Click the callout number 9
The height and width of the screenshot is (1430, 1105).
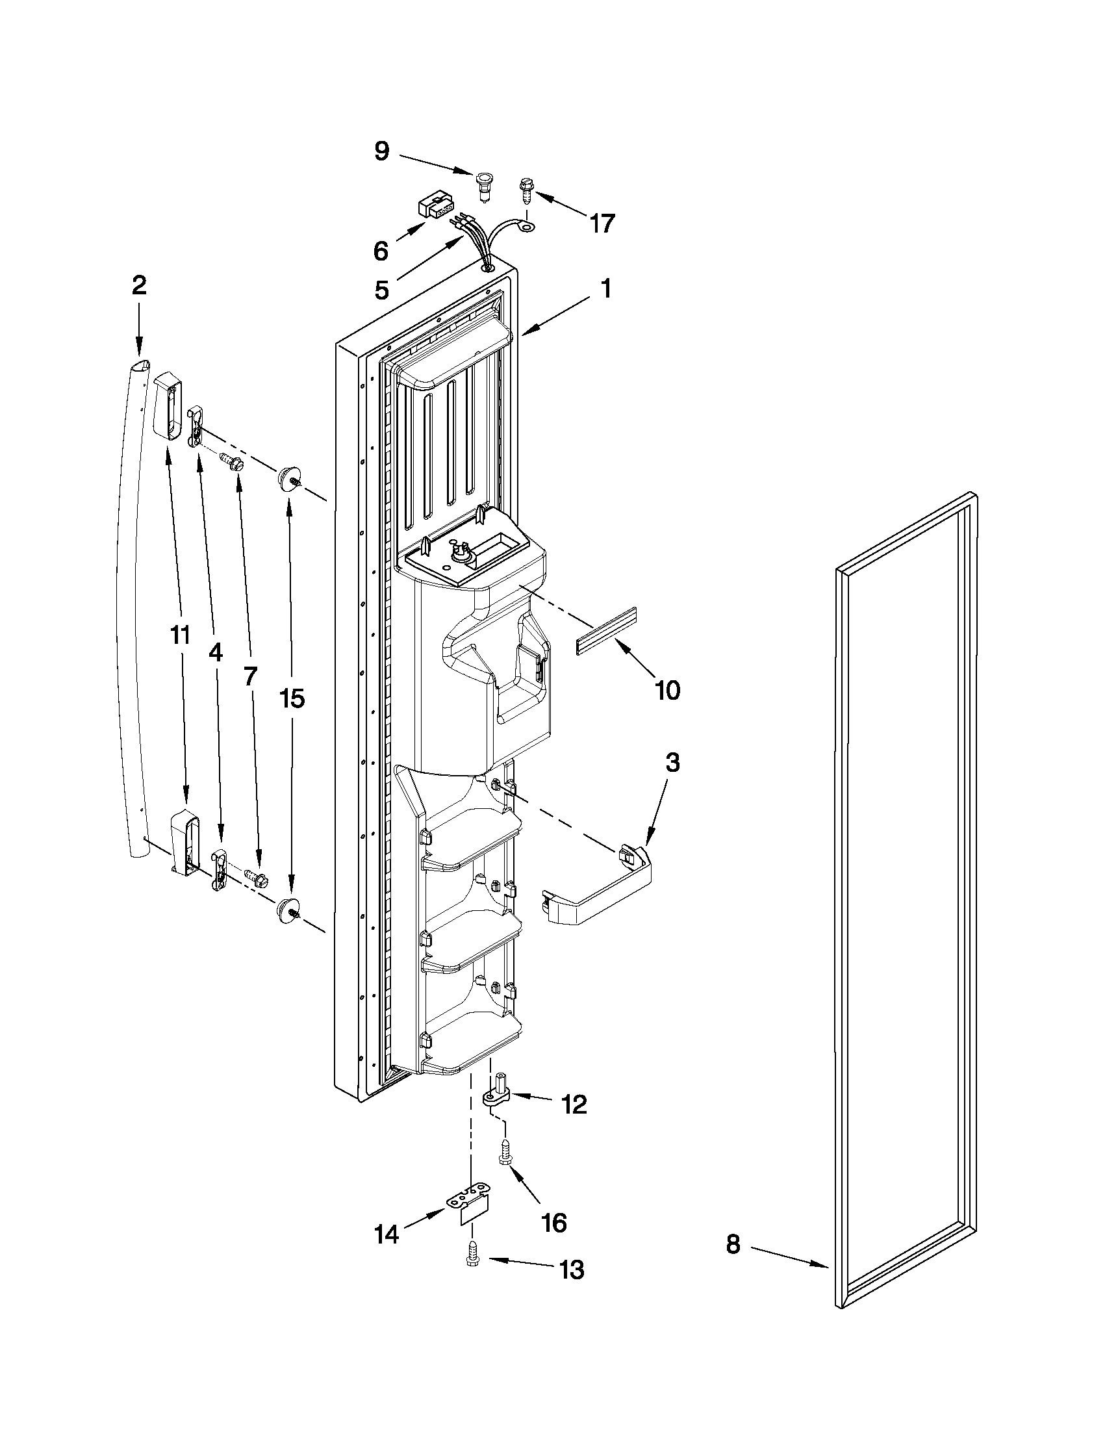381,151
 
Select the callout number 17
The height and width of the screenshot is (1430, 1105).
602,223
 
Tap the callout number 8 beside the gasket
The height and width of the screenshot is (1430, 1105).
733,1244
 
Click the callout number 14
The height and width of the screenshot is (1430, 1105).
387,1234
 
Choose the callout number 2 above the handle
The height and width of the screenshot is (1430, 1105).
139,285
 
